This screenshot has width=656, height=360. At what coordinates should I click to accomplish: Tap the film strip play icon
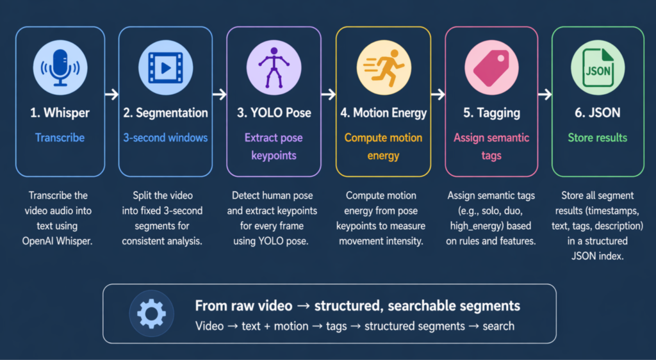166,68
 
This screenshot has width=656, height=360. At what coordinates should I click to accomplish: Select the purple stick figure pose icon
274,67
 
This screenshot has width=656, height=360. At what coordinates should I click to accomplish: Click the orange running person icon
384,68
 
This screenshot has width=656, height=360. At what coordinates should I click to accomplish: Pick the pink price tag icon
491,68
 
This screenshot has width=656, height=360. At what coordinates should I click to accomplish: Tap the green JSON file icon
598,68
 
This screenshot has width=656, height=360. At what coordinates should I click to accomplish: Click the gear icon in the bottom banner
151,314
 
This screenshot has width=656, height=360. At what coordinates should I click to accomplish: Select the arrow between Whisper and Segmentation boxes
111,95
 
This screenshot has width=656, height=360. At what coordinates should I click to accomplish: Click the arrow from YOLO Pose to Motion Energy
329,95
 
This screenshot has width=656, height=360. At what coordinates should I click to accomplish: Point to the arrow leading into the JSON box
545,95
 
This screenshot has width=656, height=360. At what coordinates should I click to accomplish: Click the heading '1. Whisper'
60,113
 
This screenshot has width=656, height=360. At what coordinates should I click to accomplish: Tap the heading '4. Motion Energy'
383,113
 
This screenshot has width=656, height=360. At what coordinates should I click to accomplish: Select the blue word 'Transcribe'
60,138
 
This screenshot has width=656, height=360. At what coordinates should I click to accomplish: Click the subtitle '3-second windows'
165,138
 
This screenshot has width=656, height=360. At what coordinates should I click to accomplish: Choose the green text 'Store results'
598,138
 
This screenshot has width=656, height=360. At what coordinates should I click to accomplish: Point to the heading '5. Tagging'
491,113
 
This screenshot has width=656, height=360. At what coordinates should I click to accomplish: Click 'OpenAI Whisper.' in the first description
57,241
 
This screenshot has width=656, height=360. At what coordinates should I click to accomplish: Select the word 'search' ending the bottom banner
498,326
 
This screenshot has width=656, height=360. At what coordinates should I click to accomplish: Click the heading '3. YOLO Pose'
274,113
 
